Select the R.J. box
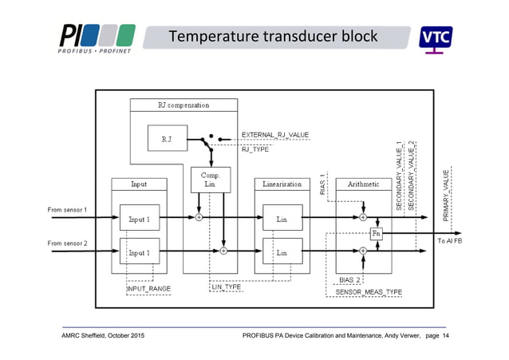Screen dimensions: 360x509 (x=167, y=139)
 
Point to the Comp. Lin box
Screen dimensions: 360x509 (x=210, y=179)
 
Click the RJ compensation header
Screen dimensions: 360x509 (x=183, y=105)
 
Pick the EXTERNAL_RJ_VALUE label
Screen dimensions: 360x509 (x=275, y=134)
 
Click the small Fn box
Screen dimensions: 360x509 (x=377, y=234)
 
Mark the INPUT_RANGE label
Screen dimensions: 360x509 (x=148, y=288)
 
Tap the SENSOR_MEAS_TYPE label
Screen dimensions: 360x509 (x=369, y=292)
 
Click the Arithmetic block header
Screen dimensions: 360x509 (x=363, y=184)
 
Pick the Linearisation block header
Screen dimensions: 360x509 (x=282, y=184)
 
